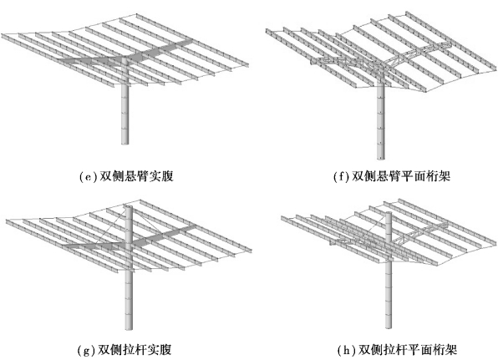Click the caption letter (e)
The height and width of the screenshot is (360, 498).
[x=89, y=177]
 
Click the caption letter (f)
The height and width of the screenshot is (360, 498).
[x=342, y=177]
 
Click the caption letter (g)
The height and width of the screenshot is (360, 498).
[x=86, y=350]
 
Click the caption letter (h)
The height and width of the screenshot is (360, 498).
[x=348, y=350]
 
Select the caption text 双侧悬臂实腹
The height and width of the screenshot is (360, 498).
[x=136, y=176]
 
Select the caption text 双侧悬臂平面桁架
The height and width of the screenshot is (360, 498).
[x=401, y=176]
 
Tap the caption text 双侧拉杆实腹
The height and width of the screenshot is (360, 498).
[x=135, y=350]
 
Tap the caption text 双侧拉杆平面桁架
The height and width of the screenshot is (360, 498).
[x=408, y=350]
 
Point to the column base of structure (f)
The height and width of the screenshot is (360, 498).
[x=380, y=157]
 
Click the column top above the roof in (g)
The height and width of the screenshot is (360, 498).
[x=129, y=207]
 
